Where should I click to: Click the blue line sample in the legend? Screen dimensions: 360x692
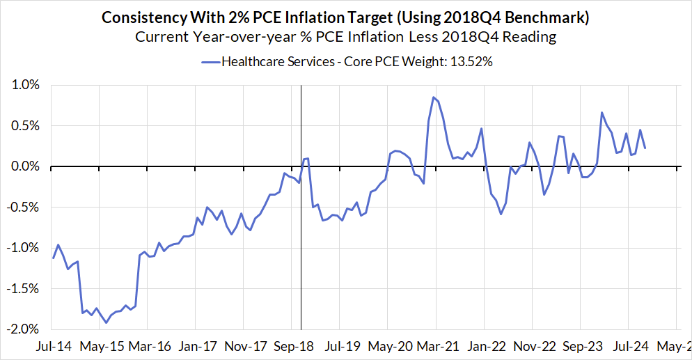point(210,61)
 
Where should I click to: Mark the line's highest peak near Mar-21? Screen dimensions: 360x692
point(433,97)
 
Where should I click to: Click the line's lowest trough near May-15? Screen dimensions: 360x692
point(107,322)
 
